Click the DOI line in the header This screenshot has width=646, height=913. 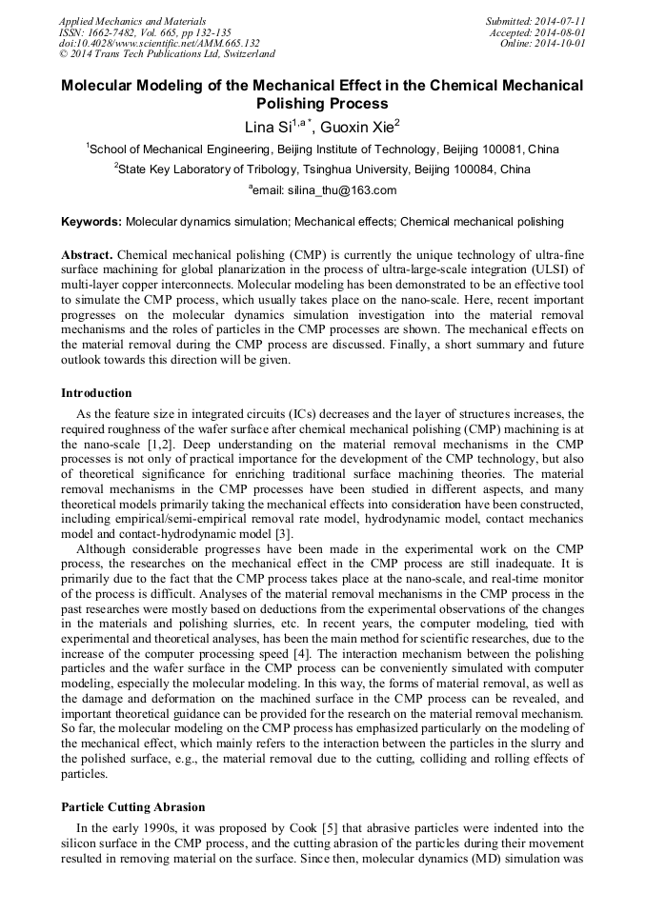(159, 43)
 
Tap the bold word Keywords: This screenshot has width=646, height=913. (91, 222)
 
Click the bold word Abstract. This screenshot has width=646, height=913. (88, 256)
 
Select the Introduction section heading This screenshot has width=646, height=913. (96, 393)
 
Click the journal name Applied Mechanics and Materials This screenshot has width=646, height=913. (131, 21)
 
